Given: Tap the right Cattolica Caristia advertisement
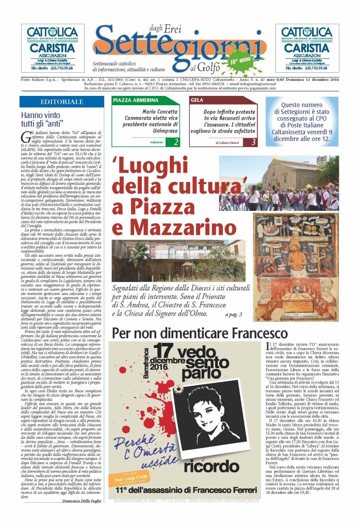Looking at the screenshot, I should pyautogui.click(x=314, y=47).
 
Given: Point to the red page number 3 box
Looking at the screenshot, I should pyautogui.click(x=253, y=141).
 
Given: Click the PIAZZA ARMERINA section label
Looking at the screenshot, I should pyautogui.click(x=132, y=100).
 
